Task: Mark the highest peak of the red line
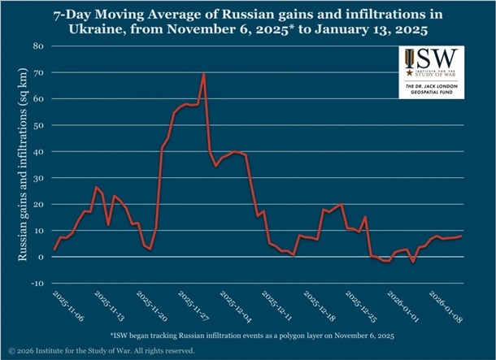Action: coord(202,74)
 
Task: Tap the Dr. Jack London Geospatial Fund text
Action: coord(430,88)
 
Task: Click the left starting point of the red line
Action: coord(54,249)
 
